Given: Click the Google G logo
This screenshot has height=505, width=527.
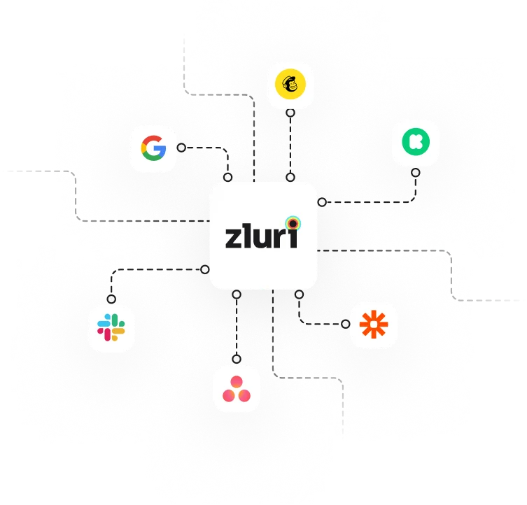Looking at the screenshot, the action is pos(153,148).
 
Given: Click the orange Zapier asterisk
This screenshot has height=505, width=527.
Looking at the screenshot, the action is pos(373,325).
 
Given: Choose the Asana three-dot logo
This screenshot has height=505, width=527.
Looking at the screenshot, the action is pos(237,388).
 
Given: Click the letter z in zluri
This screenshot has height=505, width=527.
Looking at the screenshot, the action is pos(234,238).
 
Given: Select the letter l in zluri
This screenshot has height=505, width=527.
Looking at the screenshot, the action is pos(248,234).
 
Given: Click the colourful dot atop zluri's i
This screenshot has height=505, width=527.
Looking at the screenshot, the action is pos(293,223).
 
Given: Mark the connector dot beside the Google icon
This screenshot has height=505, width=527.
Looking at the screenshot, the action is pos(181,148).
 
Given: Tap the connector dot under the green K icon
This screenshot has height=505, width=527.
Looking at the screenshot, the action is pos(415,172).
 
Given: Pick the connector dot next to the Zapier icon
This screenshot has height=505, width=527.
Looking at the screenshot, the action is pos(346,324).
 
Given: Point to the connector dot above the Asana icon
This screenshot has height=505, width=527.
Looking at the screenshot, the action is pos(237,360).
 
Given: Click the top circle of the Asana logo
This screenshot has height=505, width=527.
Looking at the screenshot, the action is pos(237,382).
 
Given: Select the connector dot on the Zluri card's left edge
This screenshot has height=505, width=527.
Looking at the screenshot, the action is pos(205,269).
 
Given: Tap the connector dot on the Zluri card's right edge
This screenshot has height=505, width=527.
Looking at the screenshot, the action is pos(321,202).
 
